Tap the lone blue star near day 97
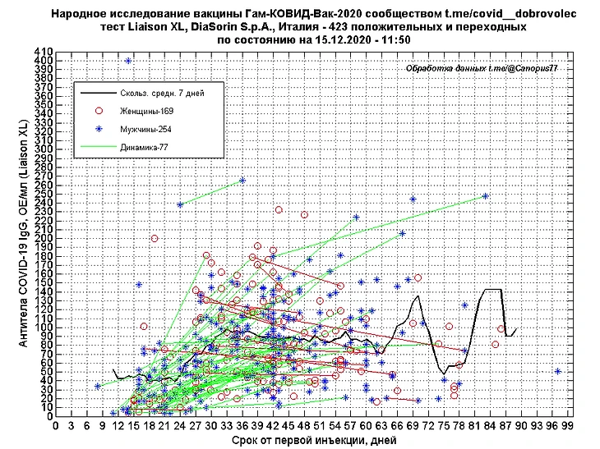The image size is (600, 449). pyautogui.click(x=558, y=371)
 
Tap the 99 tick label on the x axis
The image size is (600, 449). pyautogui.click(x=568, y=425)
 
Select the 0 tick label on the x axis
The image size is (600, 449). pyautogui.click(x=55, y=425)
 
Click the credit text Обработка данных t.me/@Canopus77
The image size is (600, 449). pyautogui.click(x=482, y=70)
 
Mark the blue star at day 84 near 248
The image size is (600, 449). pyautogui.click(x=486, y=196)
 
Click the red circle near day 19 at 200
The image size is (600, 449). pyautogui.click(x=154, y=239)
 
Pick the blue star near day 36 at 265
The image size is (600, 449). pyautogui.click(x=242, y=181)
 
